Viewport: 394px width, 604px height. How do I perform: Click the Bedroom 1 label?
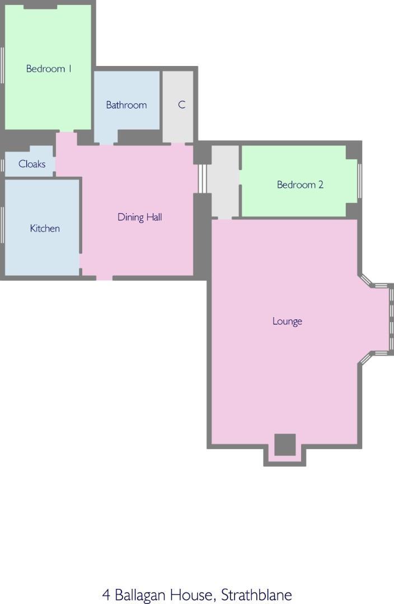tap(49, 69)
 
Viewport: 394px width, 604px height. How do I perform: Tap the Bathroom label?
tap(126, 105)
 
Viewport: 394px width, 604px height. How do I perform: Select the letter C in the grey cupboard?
tap(181, 105)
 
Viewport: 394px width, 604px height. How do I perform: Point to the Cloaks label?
tap(32, 164)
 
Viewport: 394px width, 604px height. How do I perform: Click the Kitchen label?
tap(45, 228)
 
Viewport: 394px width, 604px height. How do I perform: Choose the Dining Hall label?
tap(139, 217)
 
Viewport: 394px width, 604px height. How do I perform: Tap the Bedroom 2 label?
tap(300, 185)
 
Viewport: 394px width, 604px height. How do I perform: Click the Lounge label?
tap(287, 321)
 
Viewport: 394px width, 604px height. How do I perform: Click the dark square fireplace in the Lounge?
tap(285, 445)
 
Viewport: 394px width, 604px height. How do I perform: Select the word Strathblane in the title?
tap(256, 594)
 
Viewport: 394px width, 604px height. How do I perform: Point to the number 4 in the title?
tap(106, 594)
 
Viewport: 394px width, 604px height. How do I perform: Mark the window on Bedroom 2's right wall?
tap(359, 181)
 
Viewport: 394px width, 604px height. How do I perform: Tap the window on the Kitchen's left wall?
tap(2, 225)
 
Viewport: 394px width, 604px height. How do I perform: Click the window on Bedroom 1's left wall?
tap(2, 65)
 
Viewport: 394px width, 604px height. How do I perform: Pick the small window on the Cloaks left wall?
tap(2, 164)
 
